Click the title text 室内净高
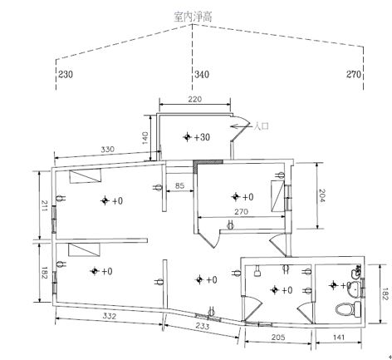point(193,17)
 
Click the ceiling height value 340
point(202,75)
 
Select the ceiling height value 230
point(66,74)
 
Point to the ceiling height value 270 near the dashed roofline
point(354,74)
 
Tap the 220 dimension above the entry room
point(195,99)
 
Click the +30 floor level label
point(202,137)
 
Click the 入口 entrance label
point(262,126)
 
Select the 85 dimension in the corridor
point(179,185)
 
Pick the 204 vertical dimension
point(321,195)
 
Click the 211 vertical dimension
point(44,206)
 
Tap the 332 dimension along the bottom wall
point(110,316)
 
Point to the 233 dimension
point(203,326)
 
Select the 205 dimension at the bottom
point(278,338)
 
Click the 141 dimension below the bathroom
point(339,338)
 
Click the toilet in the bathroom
point(348,308)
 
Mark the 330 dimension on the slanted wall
point(107,150)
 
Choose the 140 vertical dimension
point(145,138)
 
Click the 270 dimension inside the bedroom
point(241,212)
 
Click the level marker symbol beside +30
point(188,137)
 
